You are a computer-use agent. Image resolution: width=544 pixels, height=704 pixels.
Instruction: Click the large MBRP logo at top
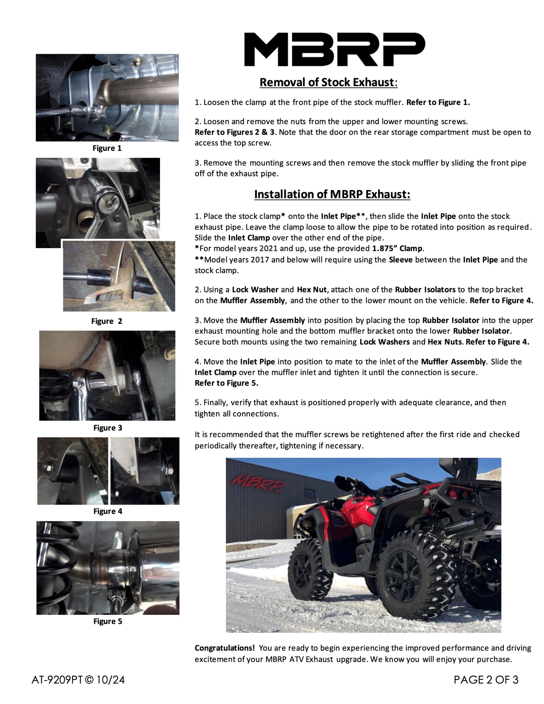click(x=335, y=49)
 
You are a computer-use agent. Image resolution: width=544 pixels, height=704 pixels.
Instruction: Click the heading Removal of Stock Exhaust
click(x=328, y=82)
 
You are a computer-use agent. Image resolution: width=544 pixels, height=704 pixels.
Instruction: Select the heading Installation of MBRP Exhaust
click(x=332, y=194)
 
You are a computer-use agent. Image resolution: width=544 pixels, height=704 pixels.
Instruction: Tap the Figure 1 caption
click(x=107, y=148)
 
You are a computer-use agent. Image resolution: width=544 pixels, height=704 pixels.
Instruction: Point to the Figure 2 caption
click(x=107, y=321)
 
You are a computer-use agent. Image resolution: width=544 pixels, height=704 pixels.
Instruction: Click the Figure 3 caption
click(x=108, y=428)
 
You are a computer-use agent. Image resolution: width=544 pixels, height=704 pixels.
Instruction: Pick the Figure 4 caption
click(x=108, y=511)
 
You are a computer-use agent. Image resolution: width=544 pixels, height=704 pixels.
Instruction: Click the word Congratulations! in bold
click(x=225, y=648)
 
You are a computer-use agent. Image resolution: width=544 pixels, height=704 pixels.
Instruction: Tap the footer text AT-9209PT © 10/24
click(x=78, y=680)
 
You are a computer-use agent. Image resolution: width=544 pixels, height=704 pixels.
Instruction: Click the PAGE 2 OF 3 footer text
click(x=486, y=680)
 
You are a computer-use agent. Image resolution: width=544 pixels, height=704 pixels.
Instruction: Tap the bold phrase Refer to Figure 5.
click(x=226, y=383)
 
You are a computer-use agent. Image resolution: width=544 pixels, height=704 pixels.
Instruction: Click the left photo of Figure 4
click(x=72, y=471)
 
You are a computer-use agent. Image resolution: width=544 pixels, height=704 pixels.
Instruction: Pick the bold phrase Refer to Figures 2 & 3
click(x=235, y=132)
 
